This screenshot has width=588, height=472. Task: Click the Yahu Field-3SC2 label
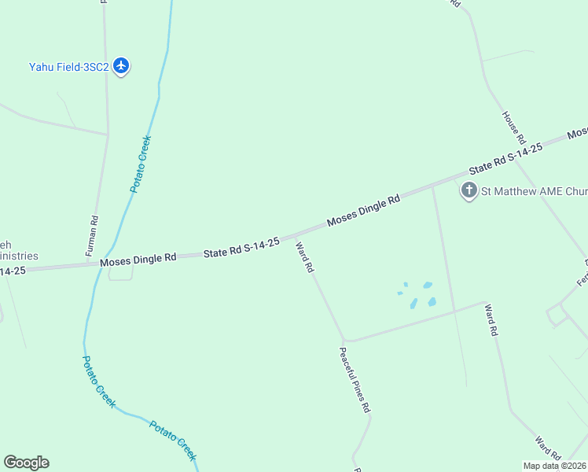click(x=68, y=67)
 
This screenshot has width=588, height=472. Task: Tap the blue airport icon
click(x=121, y=66)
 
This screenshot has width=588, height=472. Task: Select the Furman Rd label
click(x=91, y=236)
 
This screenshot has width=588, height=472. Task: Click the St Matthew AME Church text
click(x=534, y=191)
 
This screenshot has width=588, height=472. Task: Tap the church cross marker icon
click(x=469, y=190)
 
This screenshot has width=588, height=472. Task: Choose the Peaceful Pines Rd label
click(x=355, y=381)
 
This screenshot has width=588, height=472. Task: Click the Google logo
click(x=26, y=463)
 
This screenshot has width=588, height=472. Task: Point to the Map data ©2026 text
click(x=555, y=466)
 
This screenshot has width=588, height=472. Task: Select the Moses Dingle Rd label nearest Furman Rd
click(x=138, y=259)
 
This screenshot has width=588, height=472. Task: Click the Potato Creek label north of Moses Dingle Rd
click(x=140, y=164)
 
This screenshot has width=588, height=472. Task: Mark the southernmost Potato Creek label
click(x=173, y=440)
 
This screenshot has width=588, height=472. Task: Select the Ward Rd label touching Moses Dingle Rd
click(x=304, y=257)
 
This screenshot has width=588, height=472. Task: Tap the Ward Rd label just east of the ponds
click(x=491, y=320)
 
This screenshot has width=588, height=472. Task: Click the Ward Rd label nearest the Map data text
click(x=548, y=449)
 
